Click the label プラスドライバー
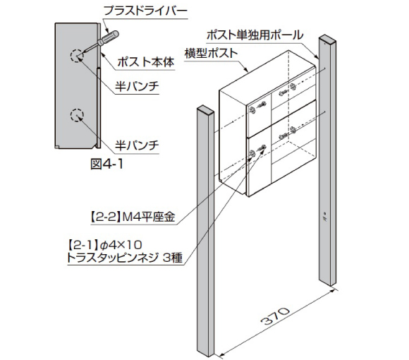pos(145,11)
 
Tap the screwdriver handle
pos(109,38)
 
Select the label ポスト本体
pos(145,62)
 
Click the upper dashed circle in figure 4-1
pos(77,56)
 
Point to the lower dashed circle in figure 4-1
pos(77,115)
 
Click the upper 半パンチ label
pos(137,86)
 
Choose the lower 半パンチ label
pos(137,145)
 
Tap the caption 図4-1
pos(106,164)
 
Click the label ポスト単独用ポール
pos(255,35)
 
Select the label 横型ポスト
pos(212,54)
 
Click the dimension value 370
pos(276,316)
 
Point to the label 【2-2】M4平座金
pos(133,217)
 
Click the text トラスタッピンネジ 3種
pos(125,258)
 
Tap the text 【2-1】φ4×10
pos(105,245)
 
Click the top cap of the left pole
pos(205,109)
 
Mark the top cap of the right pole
pos(327,39)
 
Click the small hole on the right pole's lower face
pos(325,213)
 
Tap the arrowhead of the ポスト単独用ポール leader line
pos(317,56)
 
